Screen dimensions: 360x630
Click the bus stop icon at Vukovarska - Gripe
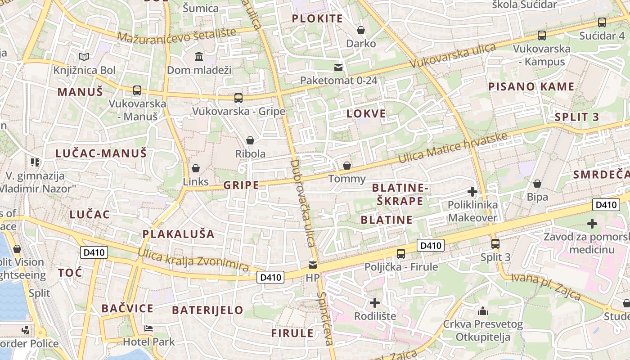238,98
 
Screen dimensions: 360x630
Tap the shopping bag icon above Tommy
347,166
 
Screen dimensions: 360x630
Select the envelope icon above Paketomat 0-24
338,67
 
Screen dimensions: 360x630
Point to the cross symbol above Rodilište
374,302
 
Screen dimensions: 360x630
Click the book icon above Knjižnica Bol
84,57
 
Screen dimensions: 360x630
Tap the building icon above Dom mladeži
198,56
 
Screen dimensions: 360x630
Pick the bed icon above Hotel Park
148,328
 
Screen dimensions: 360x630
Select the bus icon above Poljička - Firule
400,253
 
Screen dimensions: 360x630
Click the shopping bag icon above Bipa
537,184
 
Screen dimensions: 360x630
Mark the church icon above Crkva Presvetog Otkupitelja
483,311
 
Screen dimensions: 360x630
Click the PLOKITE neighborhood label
318,18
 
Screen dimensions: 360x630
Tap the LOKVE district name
366,113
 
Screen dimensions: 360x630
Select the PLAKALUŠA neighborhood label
179,234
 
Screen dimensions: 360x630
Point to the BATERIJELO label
207,310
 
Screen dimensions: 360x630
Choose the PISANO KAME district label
531,86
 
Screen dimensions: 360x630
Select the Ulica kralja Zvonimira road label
193,260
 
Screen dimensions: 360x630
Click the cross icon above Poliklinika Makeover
472,192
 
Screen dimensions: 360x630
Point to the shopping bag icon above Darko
361,30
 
